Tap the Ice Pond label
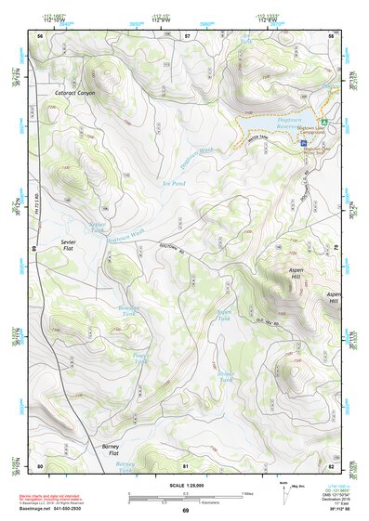pyautogui.click(x=174, y=184)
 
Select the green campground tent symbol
pyautogui.click(x=323, y=123)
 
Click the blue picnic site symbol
pyautogui.click(x=305, y=142)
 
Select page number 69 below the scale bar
pyautogui.click(x=185, y=510)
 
